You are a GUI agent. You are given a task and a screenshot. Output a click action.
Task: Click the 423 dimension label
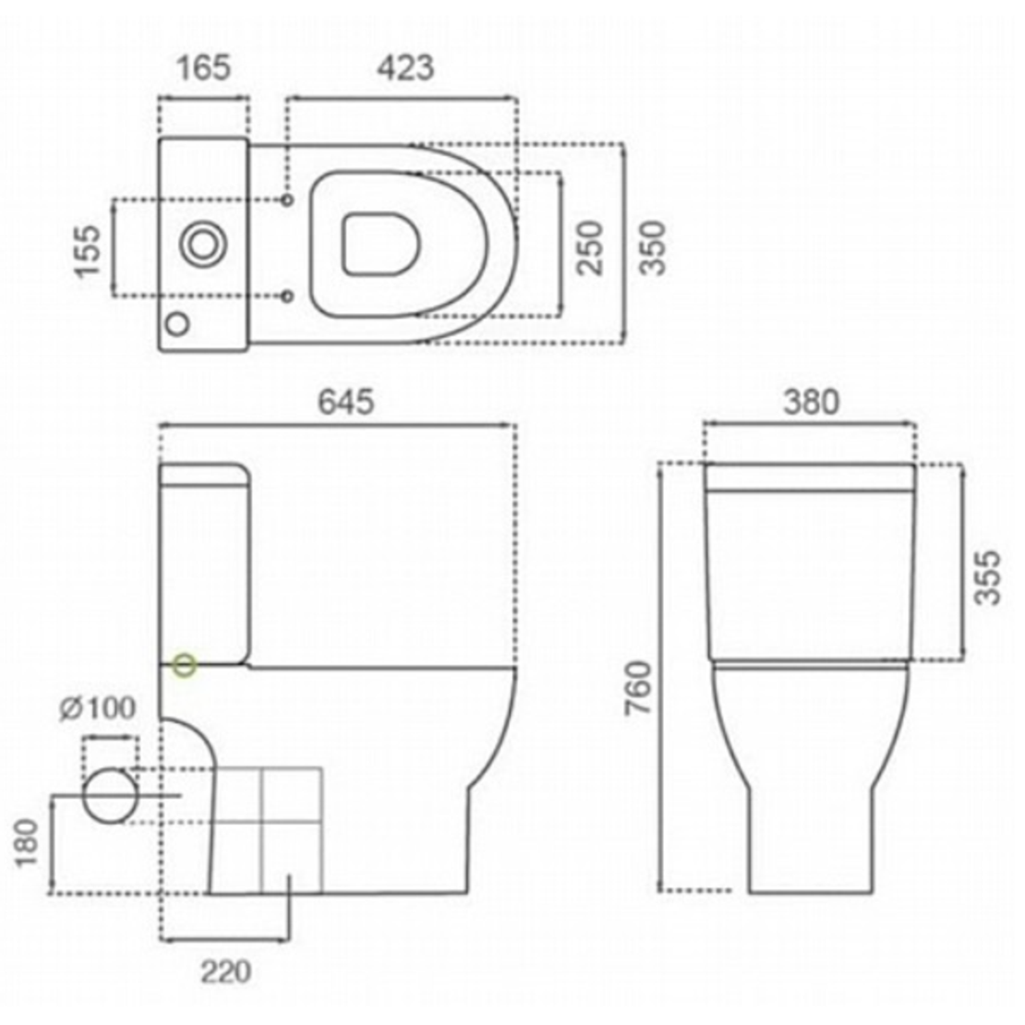pyautogui.click(x=405, y=67)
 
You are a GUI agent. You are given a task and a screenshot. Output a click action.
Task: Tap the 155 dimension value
pyautogui.click(x=89, y=252)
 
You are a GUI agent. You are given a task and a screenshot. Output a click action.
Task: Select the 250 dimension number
pyautogui.click(x=590, y=248)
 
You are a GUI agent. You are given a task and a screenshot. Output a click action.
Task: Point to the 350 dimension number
pyautogui.click(x=652, y=248)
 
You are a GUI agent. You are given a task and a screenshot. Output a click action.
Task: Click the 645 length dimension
pyautogui.click(x=346, y=402)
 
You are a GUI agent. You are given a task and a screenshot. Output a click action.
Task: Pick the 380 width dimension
pyautogui.click(x=811, y=402)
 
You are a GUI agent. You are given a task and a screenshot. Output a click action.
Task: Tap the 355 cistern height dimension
pyautogui.click(x=986, y=578)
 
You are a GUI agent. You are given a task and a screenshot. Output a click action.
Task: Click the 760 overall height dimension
pyautogui.click(x=639, y=688)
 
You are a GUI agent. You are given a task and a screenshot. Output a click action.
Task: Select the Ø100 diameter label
pyautogui.click(x=98, y=708)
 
